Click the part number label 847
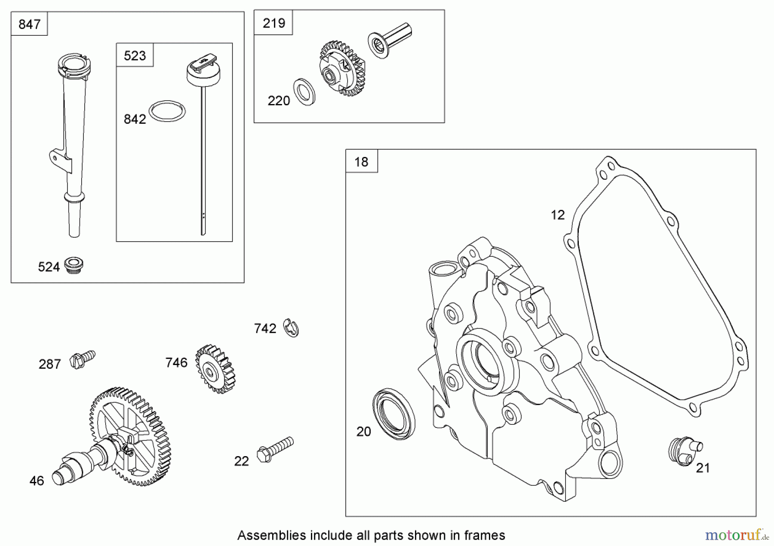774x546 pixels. coord(29,24)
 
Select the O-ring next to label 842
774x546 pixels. coord(167,112)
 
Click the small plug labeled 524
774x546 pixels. coord(74,265)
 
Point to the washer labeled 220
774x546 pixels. coord(304,92)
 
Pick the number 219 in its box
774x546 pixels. coord(273,23)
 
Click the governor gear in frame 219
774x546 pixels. coord(342,68)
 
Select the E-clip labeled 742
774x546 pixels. coord(292,328)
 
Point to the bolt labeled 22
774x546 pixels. coord(275,449)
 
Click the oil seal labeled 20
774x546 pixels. coord(393,414)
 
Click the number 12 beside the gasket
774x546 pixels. coord(557,215)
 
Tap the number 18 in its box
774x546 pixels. coord(361,162)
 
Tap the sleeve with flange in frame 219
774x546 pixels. coord(389,39)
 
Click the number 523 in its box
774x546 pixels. coord(135,55)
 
